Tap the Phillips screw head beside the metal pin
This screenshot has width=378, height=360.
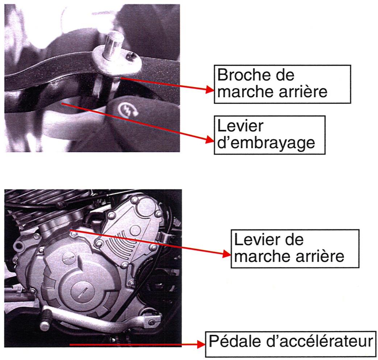click(x=131, y=57)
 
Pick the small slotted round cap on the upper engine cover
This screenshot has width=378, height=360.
click(x=67, y=259)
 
